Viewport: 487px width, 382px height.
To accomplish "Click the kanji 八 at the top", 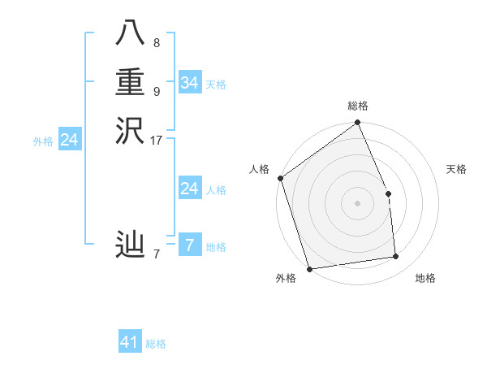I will click(x=130, y=35).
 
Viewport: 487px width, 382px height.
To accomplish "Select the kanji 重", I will click(x=130, y=83).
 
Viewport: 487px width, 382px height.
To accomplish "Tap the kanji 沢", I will click(x=130, y=131).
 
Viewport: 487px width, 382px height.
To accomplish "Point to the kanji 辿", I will click(x=130, y=245).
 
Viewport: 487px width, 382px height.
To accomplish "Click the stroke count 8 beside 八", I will click(x=157, y=42).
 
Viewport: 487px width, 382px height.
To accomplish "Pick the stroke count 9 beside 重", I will click(x=157, y=91).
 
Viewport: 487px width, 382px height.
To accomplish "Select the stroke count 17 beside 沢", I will click(x=157, y=140).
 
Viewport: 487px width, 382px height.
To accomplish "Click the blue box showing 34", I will click(x=189, y=83).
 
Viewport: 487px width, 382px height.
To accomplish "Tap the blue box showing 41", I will click(x=130, y=342).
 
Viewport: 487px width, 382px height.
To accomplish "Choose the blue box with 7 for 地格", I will click(x=189, y=245).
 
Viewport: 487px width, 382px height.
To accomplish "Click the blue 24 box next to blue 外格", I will click(x=70, y=140).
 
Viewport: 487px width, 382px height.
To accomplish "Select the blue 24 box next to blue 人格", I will click(x=189, y=189).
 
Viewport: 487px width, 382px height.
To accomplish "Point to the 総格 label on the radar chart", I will click(x=358, y=106).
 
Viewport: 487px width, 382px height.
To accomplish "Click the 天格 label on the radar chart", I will click(x=457, y=169).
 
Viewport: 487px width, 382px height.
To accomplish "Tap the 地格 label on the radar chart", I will click(x=425, y=278).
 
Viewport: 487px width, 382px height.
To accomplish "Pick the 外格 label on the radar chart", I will click(x=286, y=278).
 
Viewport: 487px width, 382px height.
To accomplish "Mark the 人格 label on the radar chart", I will click(x=260, y=169).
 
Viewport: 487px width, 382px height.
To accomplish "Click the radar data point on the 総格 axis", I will click(x=358, y=124).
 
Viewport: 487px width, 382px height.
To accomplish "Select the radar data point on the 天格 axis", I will click(x=388, y=193).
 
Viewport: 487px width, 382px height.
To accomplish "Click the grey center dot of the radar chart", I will click(x=358, y=203).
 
